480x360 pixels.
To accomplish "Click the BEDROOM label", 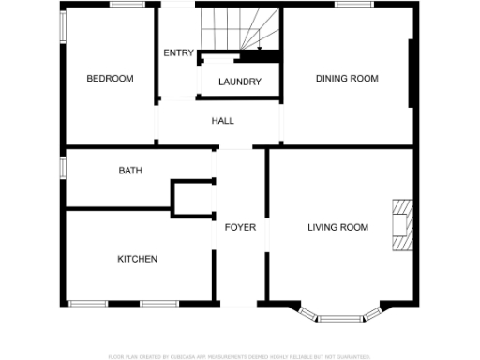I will [x=110, y=79].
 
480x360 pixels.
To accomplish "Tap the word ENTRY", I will [x=178, y=53].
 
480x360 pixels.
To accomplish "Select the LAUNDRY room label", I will [x=239, y=82].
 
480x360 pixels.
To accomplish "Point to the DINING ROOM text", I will [x=347, y=79].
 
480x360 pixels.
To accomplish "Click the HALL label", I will [x=222, y=121].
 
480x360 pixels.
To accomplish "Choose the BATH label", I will [x=130, y=171].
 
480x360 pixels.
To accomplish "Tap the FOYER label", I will [x=240, y=228].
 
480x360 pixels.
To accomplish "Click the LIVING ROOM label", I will [x=337, y=228].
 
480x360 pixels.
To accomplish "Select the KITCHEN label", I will [x=137, y=259].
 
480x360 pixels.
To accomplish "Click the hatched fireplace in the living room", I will [x=401, y=226].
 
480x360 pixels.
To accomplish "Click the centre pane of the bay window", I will [x=340, y=318].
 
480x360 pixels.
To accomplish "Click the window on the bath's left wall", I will [x=63, y=167].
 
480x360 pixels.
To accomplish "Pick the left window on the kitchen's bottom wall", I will [x=89, y=303].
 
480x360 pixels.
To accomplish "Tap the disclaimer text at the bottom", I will [x=239, y=356].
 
